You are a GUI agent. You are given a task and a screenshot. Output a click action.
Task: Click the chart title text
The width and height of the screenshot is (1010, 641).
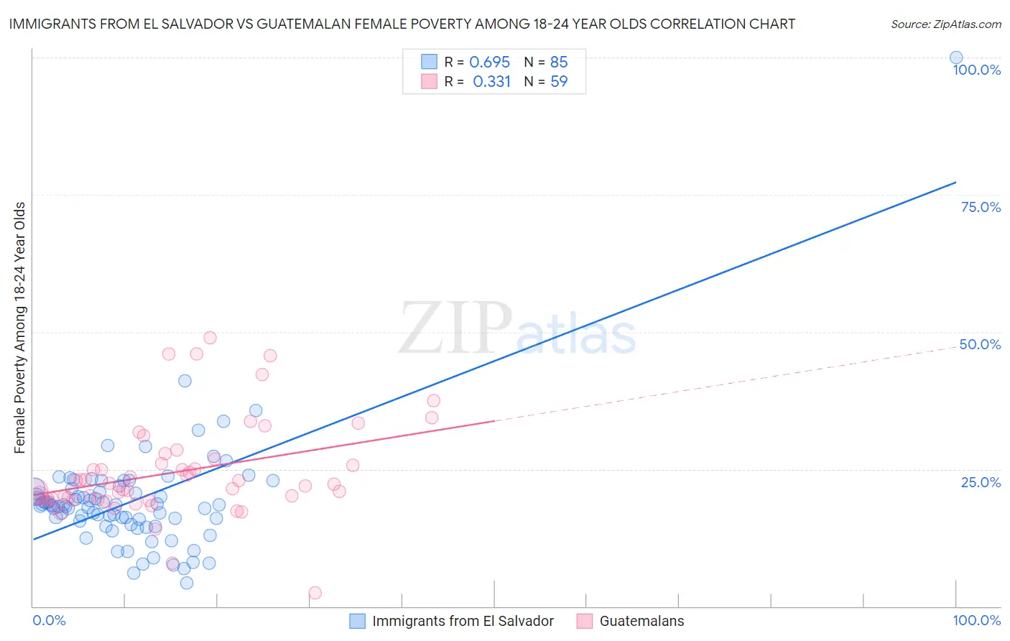click(402, 24)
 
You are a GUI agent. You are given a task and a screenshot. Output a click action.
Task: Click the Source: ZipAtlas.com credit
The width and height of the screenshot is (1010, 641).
click(945, 24)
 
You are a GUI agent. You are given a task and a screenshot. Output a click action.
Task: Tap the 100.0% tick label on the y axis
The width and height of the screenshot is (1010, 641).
click(976, 70)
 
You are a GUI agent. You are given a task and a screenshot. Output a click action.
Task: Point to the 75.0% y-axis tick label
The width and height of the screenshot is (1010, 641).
click(981, 207)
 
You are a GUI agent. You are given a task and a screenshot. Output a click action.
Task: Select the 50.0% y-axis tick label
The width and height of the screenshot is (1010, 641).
click(980, 344)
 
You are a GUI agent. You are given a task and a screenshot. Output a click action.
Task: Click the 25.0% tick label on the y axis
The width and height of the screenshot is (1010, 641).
click(981, 481)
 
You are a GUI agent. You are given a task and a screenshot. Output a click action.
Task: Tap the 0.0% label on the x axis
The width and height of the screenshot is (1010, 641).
click(49, 620)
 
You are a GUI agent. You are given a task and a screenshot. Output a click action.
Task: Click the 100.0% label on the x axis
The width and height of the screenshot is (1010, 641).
click(976, 620)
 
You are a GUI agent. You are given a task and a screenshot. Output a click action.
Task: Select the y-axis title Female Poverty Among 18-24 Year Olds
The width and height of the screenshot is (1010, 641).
click(20, 328)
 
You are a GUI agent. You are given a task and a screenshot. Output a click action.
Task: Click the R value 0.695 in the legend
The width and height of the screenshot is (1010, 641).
click(489, 63)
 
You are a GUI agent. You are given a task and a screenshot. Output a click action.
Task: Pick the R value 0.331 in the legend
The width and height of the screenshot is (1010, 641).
click(491, 82)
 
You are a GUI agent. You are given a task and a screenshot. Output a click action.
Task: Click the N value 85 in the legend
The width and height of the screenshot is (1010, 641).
click(558, 63)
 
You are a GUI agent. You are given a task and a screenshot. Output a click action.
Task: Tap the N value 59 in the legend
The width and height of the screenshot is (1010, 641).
click(558, 82)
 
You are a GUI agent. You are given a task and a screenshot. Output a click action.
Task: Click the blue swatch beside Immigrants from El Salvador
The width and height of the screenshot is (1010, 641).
click(357, 621)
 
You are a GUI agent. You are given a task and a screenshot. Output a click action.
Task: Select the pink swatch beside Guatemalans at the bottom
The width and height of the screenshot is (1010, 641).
click(584, 621)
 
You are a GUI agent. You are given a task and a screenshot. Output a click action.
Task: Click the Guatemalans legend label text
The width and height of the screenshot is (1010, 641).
click(641, 621)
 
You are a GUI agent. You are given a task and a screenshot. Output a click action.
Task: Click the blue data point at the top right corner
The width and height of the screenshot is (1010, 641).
click(955, 57)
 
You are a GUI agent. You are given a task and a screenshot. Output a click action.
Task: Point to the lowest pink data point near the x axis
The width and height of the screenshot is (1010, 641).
click(315, 593)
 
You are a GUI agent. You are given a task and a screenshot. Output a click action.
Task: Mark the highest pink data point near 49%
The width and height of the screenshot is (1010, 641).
click(210, 338)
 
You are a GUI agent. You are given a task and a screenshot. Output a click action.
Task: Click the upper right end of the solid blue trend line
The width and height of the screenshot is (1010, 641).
click(955, 183)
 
